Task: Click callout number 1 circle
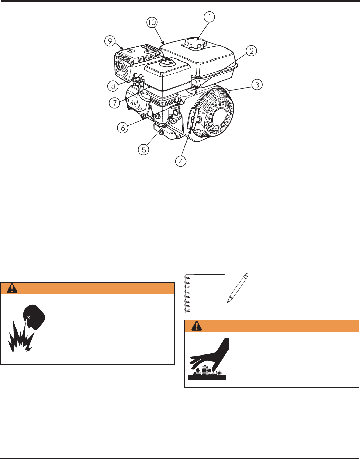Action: (209, 17)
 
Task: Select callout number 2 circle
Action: (251, 51)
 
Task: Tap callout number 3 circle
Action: (257, 85)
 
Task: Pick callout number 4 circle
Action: (181, 161)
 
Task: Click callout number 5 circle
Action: (144, 150)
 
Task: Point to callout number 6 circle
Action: (123, 128)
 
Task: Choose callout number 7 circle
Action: (115, 103)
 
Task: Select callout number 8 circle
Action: (113, 86)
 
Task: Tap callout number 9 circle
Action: (110, 41)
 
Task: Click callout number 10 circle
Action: (152, 22)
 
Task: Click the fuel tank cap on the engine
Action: (195, 44)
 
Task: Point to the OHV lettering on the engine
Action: (132, 102)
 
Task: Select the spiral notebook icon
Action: (205, 293)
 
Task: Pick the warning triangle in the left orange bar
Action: (12, 288)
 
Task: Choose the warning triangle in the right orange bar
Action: (197, 326)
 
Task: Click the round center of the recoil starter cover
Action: (220, 116)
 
